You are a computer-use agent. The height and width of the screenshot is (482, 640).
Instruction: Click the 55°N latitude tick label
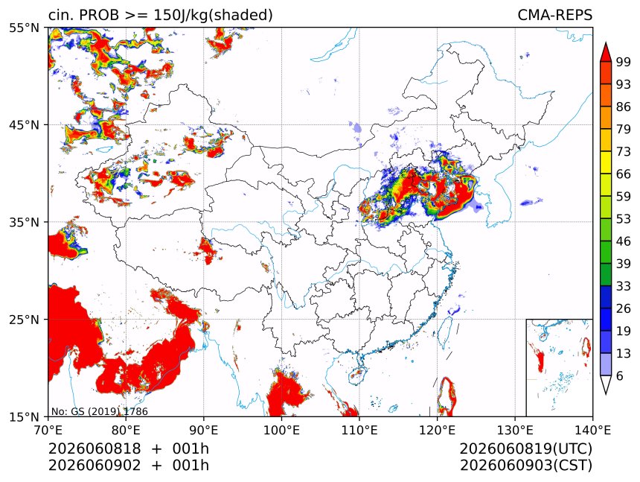point(25,28)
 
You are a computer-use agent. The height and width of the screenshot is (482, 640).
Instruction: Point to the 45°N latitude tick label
point(25,124)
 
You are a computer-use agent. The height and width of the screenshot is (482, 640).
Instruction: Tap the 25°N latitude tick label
point(25,319)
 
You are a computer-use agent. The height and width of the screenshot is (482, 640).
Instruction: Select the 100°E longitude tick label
point(281,430)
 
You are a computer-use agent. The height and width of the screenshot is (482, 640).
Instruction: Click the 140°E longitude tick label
point(592,430)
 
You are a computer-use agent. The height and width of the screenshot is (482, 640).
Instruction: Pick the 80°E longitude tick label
point(126,430)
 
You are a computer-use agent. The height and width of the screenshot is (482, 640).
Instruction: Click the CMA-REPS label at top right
point(554,15)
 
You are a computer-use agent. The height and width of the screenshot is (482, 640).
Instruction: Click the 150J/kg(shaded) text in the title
point(213,16)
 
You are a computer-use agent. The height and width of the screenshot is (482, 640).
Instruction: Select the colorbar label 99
point(624,62)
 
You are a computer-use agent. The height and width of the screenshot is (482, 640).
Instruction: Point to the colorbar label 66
point(624,174)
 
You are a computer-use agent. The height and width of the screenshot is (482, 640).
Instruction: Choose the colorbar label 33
point(624,286)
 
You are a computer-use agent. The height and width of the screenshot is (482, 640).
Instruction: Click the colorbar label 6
point(620,375)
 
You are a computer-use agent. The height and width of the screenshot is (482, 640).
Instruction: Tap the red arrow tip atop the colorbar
point(606,43)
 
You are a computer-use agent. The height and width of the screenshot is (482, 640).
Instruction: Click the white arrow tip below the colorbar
point(606,393)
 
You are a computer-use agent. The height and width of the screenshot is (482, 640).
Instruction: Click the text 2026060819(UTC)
point(525,448)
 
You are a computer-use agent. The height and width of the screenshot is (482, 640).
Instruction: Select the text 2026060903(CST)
point(525,466)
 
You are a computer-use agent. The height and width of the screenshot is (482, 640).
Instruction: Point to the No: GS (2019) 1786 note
point(99,411)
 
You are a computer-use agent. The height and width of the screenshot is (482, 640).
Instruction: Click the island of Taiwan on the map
point(444,332)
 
